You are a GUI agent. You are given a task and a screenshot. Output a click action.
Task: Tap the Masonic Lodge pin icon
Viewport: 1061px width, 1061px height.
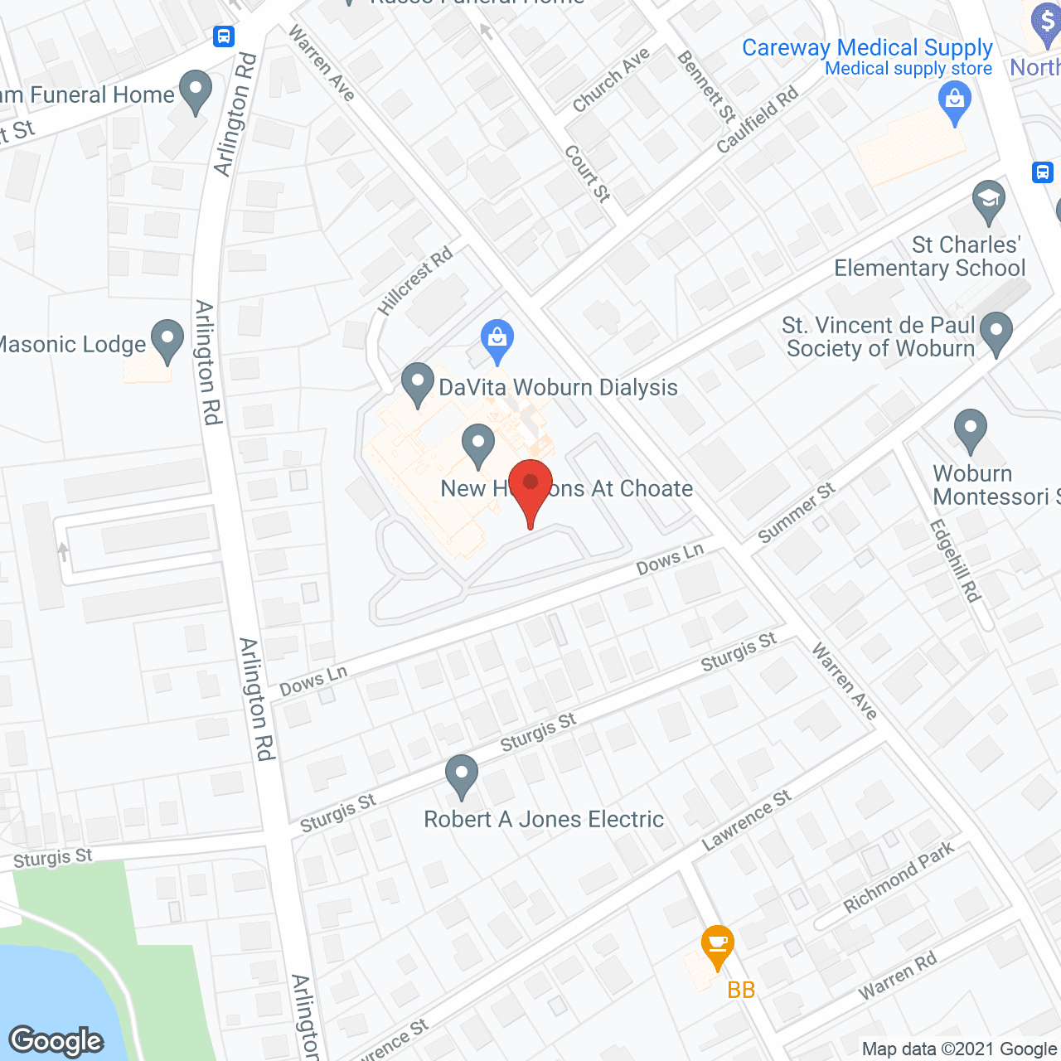[167, 340]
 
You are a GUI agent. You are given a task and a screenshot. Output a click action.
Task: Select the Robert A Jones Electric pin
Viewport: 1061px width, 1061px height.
[462, 775]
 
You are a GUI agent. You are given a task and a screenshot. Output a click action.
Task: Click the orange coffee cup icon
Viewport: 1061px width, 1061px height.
[717, 945]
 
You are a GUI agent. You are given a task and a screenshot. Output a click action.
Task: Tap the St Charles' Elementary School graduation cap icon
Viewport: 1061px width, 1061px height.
[988, 201]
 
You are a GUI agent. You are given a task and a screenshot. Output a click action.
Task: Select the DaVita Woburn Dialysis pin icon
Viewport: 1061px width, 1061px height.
[418, 384]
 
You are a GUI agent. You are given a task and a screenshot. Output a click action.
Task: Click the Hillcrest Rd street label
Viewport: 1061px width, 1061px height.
[416, 280]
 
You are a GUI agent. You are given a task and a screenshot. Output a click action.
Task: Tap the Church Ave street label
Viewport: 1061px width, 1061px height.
[611, 80]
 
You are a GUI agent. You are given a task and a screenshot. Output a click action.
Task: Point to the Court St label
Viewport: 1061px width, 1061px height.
[588, 173]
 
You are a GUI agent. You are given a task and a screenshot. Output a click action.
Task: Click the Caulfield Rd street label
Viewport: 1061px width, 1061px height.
[758, 119]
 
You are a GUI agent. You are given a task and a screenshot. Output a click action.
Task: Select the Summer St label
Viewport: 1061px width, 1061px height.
[796, 513]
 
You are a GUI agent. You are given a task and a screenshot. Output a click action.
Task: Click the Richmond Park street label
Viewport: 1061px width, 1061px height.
[899, 877]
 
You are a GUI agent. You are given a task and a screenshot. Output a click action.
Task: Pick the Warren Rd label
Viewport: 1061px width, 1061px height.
[897, 976]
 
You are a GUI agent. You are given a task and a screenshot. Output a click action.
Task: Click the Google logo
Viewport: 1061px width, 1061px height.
[56, 1040]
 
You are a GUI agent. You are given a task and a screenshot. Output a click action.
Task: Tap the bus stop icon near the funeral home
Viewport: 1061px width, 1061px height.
[224, 36]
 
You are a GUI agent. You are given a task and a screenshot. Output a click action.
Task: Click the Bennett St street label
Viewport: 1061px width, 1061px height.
[706, 86]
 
